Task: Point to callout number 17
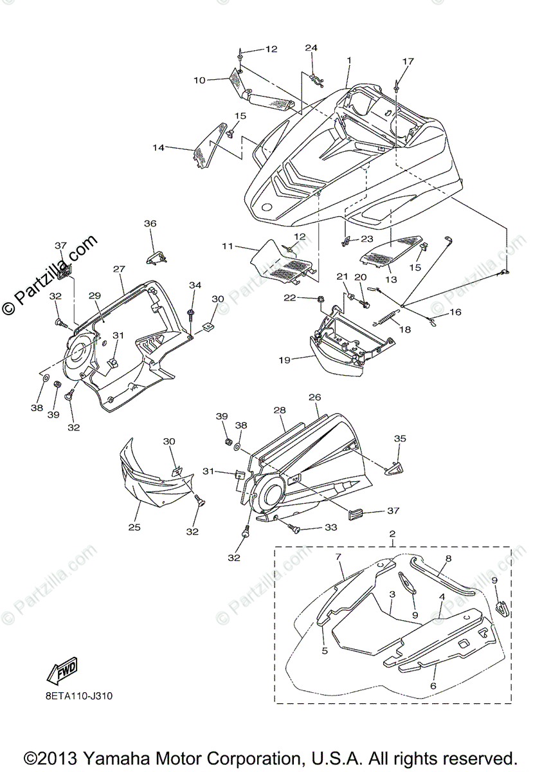coord(408,62)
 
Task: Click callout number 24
coord(311,48)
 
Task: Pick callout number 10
coord(199,80)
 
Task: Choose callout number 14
coord(158,148)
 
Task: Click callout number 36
coord(150,223)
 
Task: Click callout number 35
coord(400,439)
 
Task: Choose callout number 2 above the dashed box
coord(392,534)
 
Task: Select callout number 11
coord(226,246)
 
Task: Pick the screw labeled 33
coord(297,528)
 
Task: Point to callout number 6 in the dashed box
coord(433,688)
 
